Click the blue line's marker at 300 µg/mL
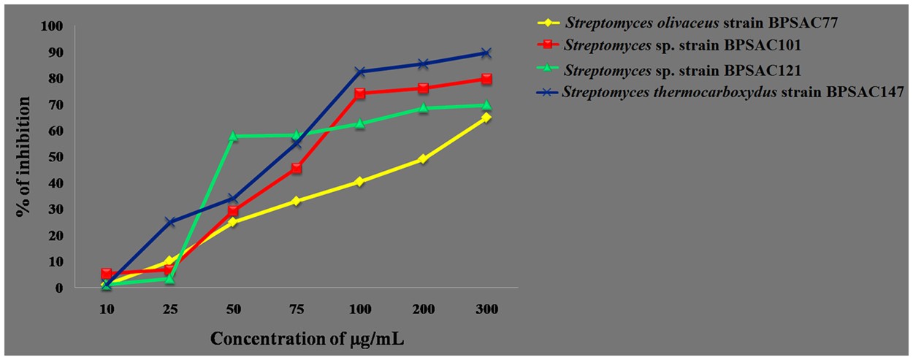(x=486, y=53)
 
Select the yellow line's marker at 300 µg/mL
(x=486, y=117)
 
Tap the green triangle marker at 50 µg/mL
(x=233, y=136)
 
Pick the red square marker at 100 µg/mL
(x=360, y=93)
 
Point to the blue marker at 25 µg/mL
(x=170, y=222)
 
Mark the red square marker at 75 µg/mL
(x=297, y=168)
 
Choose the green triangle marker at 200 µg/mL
(x=423, y=108)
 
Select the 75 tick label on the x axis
(x=297, y=309)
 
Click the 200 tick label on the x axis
(x=423, y=309)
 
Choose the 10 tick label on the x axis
(x=107, y=309)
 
